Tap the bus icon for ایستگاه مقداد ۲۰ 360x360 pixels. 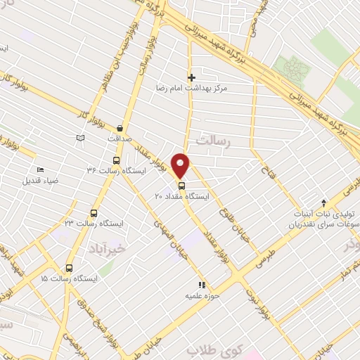pyautogui.click(x=182, y=186)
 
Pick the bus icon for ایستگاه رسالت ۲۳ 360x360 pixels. pyautogui.click(x=94, y=213)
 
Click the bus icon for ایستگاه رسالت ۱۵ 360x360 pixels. pyautogui.click(x=69, y=268)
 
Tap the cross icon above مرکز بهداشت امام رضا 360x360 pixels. pyautogui.click(x=191, y=77)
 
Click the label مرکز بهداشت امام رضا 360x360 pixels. pyautogui.click(x=192, y=89)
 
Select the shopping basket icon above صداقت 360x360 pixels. pyautogui.click(x=121, y=129)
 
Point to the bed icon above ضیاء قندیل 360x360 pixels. pyautogui.click(x=40, y=169)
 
